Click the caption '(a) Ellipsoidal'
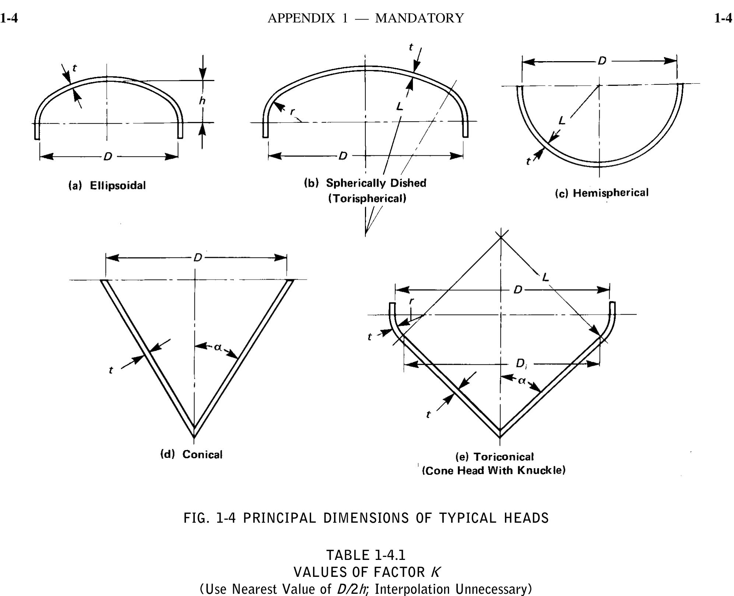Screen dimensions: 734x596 click(x=107, y=185)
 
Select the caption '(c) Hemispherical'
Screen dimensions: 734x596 click(x=602, y=193)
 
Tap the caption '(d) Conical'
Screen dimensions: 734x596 click(x=192, y=454)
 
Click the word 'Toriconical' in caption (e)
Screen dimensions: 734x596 click(x=503, y=457)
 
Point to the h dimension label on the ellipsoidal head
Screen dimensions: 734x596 click(x=202, y=100)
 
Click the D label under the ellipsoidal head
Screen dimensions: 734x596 click(x=108, y=157)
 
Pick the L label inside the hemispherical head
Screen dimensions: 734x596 click(x=562, y=120)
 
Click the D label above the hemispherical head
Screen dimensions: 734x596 click(x=602, y=61)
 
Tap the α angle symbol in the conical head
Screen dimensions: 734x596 click(x=218, y=347)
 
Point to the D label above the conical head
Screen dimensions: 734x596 click(x=198, y=257)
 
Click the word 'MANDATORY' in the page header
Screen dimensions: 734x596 click(x=419, y=18)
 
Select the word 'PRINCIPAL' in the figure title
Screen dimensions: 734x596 click(x=280, y=518)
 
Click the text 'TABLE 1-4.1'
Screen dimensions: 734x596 click(x=366, y=555)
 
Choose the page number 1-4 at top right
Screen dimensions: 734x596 click(x=723, y=18)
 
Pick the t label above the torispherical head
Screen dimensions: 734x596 click(x=411, y=47)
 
